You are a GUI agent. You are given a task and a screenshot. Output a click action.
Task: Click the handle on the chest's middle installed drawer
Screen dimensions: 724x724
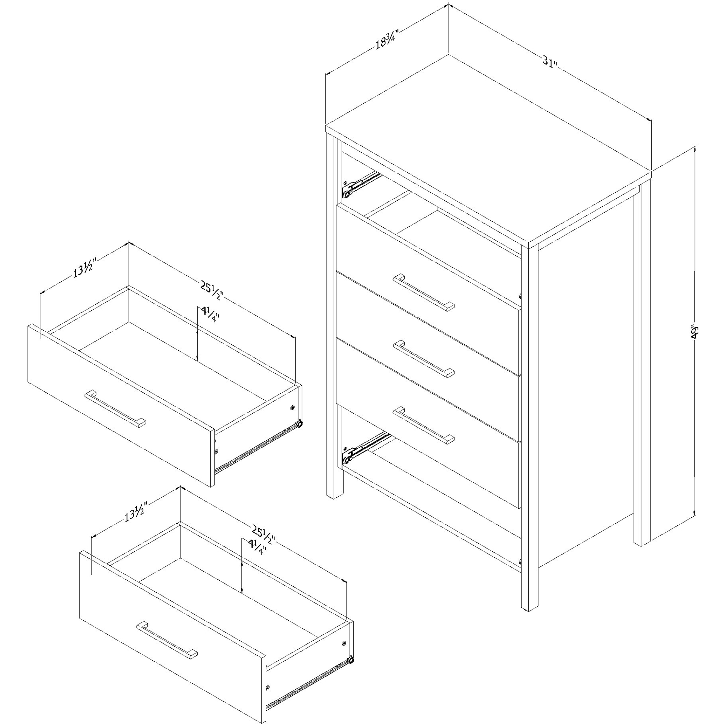click(423, 359)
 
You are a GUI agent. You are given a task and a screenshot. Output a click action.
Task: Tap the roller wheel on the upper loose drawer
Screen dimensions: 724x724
click(299, 424)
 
